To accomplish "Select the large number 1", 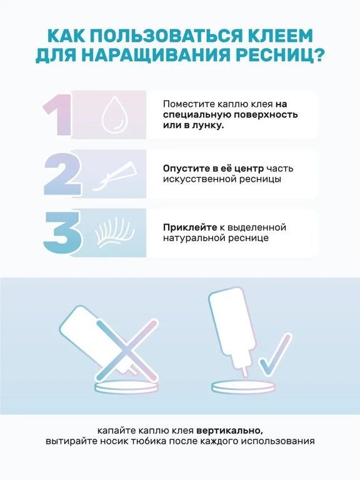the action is point(58,114).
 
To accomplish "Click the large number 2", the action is point(62,174).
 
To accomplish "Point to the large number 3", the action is point(62,232).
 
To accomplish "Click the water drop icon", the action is point(113,115).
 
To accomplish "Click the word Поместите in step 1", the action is point(186,104).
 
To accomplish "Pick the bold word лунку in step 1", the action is point(210,126).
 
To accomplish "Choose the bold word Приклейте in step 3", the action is point(190,227).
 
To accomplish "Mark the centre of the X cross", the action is point(127,349).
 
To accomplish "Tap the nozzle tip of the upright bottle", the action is point(246,375).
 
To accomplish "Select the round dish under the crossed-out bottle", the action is point(127,387).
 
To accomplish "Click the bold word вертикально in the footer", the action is point(229,431).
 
